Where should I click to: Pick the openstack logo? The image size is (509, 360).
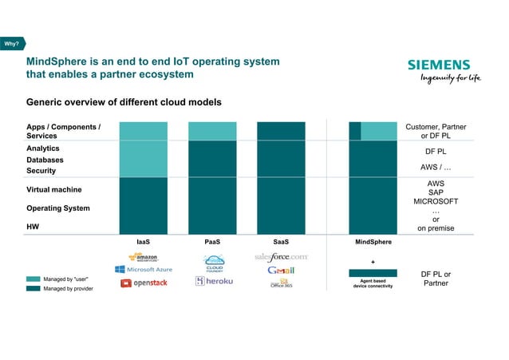click(x=144, y=283)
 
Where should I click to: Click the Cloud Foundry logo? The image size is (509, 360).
click(x=213, y=263)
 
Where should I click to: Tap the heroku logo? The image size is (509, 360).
click(x=214, y=283)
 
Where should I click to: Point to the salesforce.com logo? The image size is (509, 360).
click(x=281, y=257)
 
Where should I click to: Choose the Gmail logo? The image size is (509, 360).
click(x=281, y=270)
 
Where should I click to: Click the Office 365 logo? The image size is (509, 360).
click(x=281, y=283)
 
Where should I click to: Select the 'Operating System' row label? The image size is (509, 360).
click(x=58, y=208)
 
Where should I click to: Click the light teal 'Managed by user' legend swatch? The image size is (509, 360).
click(x=33, y=279)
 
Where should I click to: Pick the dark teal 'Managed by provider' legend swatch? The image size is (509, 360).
click(x=33, y=288)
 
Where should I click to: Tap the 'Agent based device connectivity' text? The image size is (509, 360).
click(x=373, y=283)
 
